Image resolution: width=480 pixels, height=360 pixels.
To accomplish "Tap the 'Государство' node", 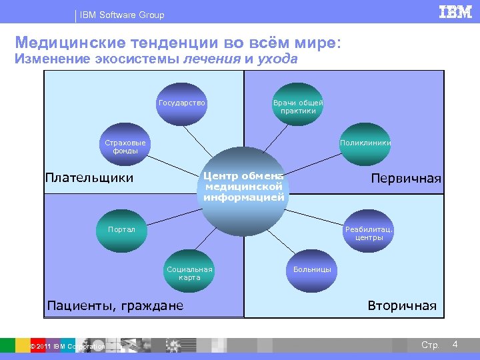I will pos(182,104).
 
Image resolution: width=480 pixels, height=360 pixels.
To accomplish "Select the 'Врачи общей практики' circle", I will pos(298,105).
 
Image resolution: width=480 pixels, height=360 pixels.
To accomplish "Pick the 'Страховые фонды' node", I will pos(125,147).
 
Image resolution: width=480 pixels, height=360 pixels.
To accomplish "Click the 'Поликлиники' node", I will pos(365,143).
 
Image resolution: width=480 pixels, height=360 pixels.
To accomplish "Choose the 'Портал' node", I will pos(122,230).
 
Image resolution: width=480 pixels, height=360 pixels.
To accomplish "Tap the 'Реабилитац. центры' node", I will pos(369,233).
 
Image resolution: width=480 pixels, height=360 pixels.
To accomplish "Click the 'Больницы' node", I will pos(312,270).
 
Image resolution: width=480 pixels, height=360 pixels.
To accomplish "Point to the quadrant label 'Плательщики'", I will pos(89,178).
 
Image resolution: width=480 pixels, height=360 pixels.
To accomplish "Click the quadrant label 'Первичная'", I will pos(406,179).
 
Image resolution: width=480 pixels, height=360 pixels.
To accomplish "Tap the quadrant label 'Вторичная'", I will pos(402,306).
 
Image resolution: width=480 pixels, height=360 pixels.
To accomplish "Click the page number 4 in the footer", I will pos(455,344).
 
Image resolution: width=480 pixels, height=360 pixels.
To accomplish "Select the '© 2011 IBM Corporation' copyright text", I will pos(67,347).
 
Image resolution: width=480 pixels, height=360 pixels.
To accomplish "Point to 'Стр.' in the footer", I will pos(430,345).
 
